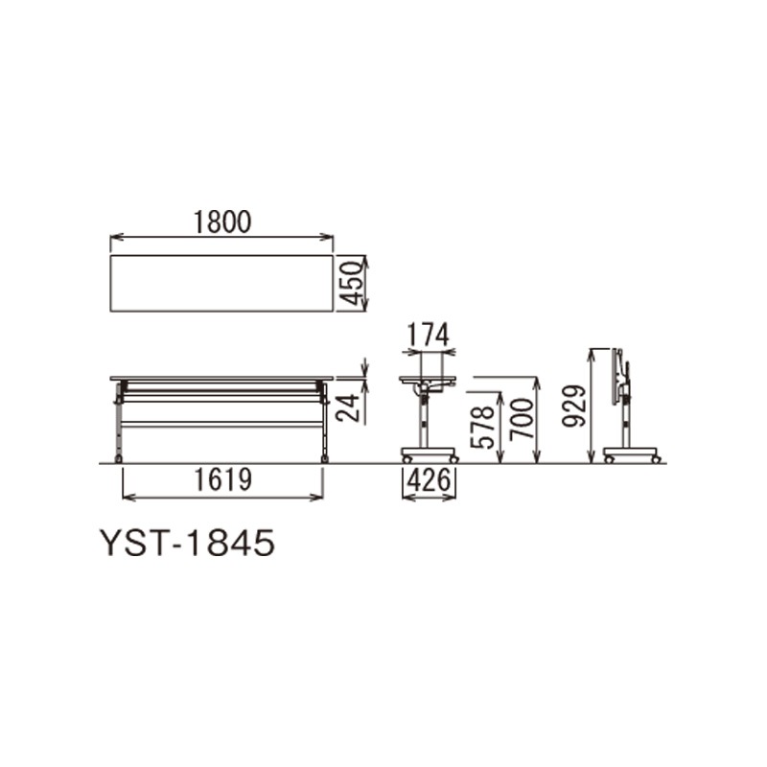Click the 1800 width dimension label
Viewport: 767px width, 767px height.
click(x=222, y=221)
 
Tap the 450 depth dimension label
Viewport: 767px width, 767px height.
click(x=351, y=283)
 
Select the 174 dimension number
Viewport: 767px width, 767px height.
click(x=429, y=336)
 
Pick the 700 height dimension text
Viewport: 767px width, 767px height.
click(x=521, y=419)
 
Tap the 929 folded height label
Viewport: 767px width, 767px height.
click(x=572, y=406)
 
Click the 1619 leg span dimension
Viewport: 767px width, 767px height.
click(x=223, y=480)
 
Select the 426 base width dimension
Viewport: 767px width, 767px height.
click(x=429, y=480)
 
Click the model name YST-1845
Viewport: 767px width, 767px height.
click(x=187, y=543)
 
